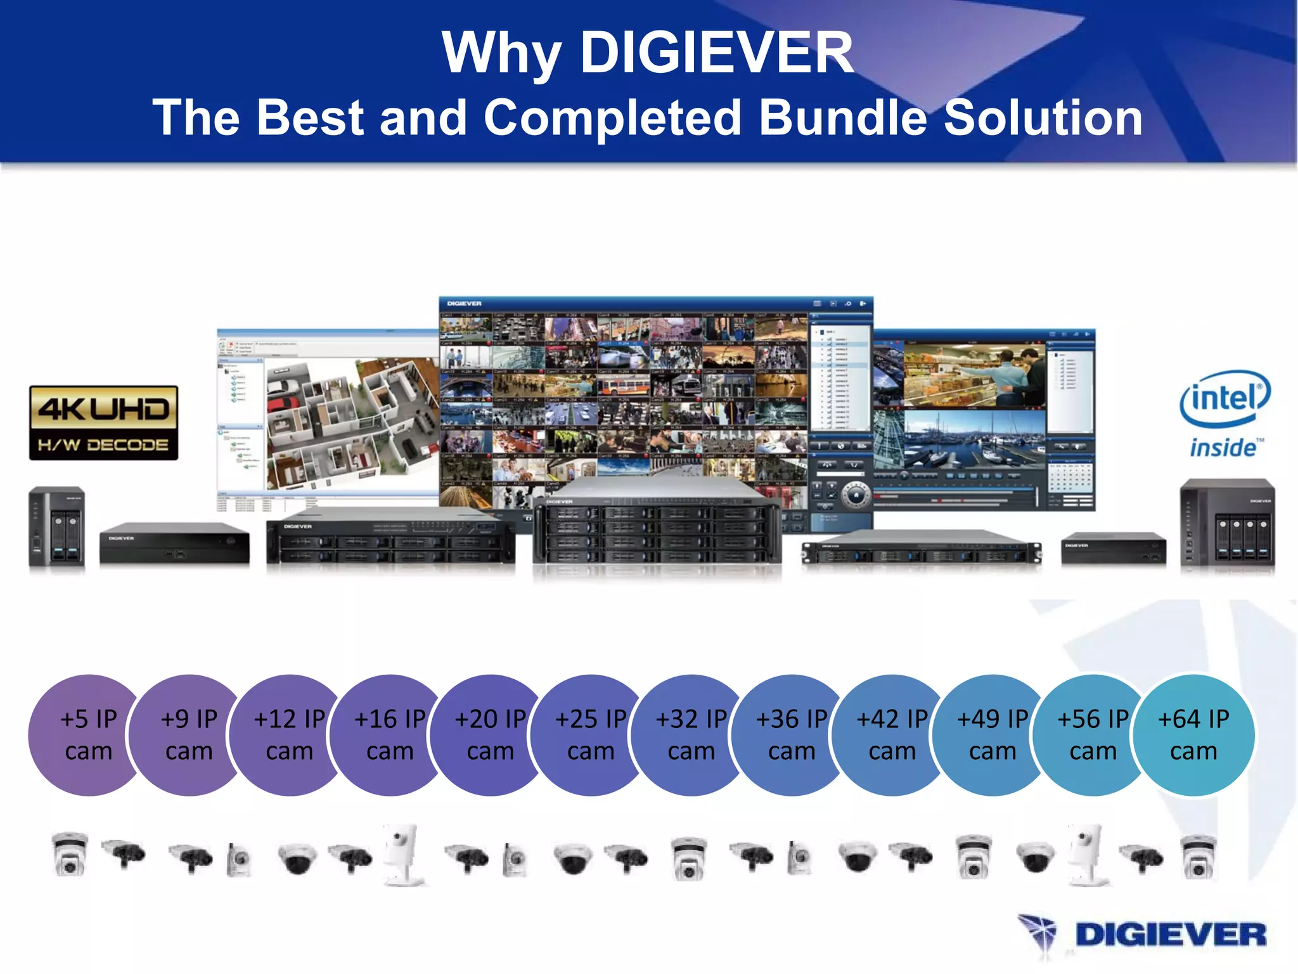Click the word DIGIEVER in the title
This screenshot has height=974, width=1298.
tap(717, 53)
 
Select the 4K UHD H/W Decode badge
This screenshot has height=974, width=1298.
tap(104, 423)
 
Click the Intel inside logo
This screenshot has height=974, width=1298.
tap(1224, 414)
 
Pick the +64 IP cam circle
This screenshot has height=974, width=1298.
tap(1194, 735)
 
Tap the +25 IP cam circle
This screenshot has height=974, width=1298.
tap(591, 735)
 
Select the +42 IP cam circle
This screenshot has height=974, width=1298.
tap(892, 735)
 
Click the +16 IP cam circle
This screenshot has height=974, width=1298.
tap(390, 735)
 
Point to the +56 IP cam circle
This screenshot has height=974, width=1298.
tap(1093, 735)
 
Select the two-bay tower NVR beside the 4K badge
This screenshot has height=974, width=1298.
tap(57, 526)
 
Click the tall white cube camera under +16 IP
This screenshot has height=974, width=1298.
tap(403, 854)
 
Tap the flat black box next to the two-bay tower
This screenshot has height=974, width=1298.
tap(174, 544)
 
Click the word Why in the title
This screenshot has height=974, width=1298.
tap(501, 54)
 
